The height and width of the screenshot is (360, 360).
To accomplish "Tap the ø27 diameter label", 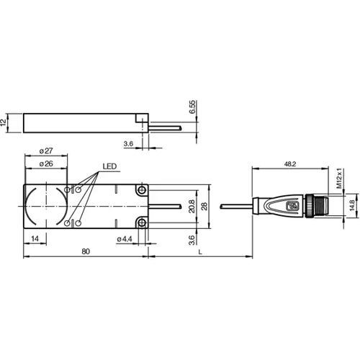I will click(45, 150).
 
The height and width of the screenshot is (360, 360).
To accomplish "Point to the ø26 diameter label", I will click(45, 163).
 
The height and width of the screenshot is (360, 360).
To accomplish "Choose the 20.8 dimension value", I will click(190, 207).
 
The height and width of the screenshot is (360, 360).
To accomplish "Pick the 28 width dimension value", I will click(205, 207).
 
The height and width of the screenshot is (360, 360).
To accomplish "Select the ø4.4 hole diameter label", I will click(124, 238).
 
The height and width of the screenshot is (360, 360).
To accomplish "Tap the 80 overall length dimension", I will click(85, 251).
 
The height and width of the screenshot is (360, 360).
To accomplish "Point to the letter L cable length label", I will click(199, 251).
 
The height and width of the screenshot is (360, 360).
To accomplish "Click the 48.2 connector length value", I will click(290, 165).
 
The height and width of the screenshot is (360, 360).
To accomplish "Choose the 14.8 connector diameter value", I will click(351, 206).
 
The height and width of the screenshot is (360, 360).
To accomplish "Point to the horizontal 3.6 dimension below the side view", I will click(128, 144).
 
